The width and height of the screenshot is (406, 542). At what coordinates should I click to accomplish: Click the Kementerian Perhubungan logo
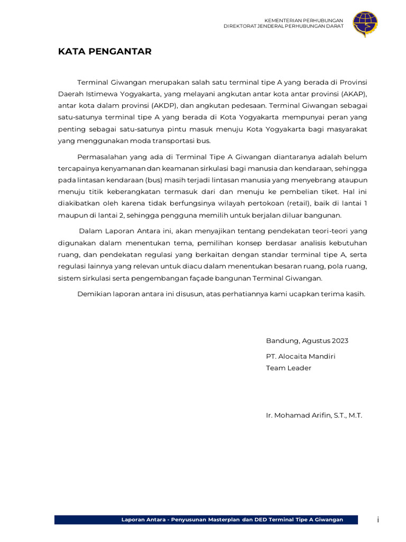click(365, 24)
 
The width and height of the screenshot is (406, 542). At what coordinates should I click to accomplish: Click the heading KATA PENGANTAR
click(105, 51)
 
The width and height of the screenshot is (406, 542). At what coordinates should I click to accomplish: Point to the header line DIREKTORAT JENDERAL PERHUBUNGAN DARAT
click(283, 26)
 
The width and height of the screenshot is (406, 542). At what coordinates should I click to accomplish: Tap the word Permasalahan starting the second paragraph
click(103, 157)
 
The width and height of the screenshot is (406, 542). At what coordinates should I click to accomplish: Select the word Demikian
click(93, 294)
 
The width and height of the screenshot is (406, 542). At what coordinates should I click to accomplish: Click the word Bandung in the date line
click(282, 341)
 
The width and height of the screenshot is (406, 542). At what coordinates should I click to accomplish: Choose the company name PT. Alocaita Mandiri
click(300, 356)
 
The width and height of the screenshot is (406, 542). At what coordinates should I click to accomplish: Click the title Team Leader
click(289, 368)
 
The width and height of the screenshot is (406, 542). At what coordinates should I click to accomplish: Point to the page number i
click(377, 520)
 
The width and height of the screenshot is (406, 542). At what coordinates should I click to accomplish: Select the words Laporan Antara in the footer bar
click(142, 519)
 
